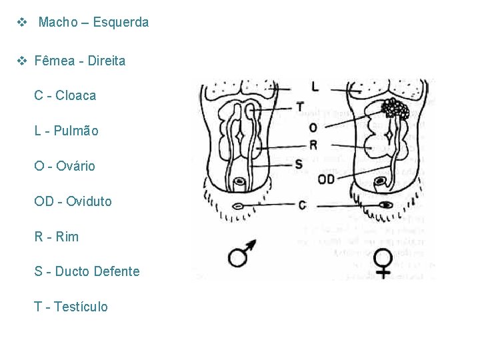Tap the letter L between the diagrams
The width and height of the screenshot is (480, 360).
point(315,86)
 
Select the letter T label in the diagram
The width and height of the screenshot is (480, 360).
point(300,107)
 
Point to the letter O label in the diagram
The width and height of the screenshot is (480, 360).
point(313,127)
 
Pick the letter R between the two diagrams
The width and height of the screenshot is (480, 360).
point(313,145)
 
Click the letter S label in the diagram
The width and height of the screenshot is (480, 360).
point(299,163)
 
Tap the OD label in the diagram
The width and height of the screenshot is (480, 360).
point(326,179)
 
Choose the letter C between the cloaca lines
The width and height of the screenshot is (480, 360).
point(303,205)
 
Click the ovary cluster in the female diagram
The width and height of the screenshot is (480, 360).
point(395,108)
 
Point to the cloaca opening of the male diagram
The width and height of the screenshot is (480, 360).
point(237,206)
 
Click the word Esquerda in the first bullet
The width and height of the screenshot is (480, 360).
point(121,22)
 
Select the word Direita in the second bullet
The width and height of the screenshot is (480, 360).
point(106,61)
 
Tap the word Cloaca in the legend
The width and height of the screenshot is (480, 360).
point(75,95)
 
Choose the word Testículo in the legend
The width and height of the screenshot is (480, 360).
point(81,307)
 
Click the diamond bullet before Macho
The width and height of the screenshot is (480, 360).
point(22,22)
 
